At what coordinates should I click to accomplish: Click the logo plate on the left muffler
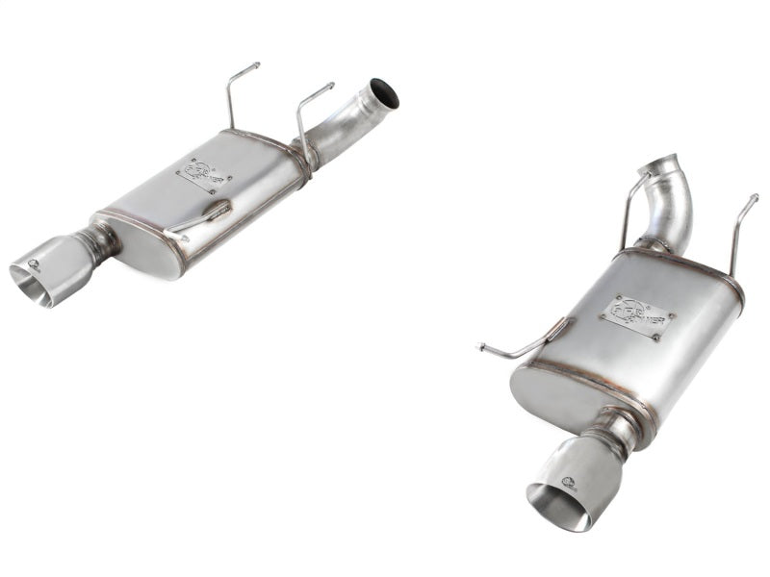[x=201, y=174]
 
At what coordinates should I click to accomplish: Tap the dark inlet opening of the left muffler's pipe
[x=386, y=92]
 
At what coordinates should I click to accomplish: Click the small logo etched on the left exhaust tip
[x=36, y=263]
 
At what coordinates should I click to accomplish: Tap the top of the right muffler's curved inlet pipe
[x=664, y=163]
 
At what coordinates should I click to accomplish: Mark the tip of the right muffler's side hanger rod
[x=480, y=346]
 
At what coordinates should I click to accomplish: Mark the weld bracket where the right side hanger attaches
[x=555, y=333]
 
